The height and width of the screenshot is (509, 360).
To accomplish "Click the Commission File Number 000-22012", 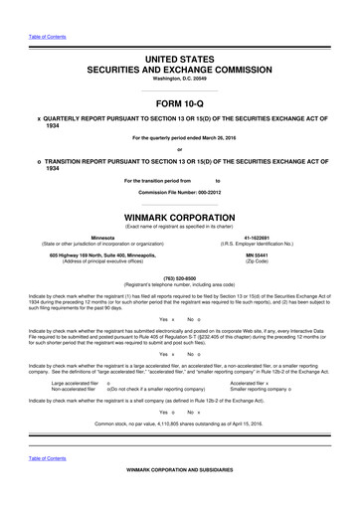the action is click(x=180, y=191).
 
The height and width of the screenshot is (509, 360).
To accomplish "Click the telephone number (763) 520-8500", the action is click(x=180, y=279).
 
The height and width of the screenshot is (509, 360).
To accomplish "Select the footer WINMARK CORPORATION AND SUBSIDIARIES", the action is click(x=180, y=496).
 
